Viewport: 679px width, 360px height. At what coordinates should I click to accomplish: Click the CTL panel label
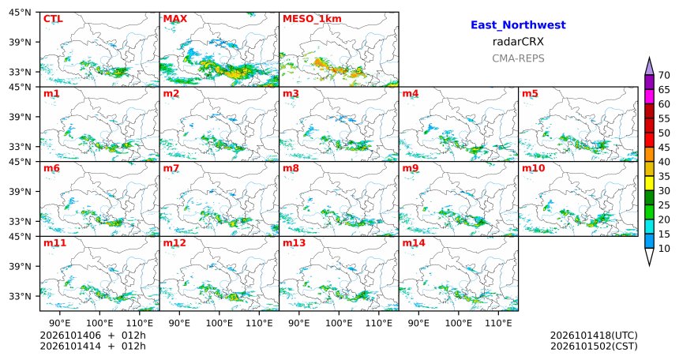[x=53, y=19]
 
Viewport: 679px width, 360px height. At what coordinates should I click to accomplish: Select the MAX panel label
[x=175, y=19]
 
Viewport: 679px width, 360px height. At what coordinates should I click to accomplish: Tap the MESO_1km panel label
[x=312, y=19]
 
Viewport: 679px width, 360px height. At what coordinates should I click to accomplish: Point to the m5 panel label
[x=530, y=94]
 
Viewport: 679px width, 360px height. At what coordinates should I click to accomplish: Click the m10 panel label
[x=533, y=168]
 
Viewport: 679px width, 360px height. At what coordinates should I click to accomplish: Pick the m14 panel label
[x=414, y=243]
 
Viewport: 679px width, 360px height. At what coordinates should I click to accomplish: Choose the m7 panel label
[x=171, y=168]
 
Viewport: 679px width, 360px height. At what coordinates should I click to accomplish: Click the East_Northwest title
[x=518, y=25]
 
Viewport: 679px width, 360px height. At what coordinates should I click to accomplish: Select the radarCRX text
[x=518, y=42]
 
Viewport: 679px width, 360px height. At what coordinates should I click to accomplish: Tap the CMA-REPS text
[x=518, y=58]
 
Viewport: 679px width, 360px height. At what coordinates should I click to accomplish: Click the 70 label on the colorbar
[x=664, y=75]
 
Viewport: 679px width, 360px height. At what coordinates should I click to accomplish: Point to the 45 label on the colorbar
[x=664, y=148]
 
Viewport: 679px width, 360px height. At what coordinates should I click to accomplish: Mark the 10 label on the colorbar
[x=664, y=249]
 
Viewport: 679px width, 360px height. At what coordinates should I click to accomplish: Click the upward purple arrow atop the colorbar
[x=649, y=66]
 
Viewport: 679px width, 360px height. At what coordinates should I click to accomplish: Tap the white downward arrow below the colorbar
[x=649, y=257]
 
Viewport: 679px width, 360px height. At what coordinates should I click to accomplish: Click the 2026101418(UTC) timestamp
[x=594, y=336]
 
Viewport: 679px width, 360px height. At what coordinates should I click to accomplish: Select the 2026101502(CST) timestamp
[x=594, y=347]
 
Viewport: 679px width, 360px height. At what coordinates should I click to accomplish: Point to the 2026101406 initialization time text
[x=70, y=336]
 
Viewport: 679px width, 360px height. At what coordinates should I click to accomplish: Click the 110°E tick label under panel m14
[x=498, y=323]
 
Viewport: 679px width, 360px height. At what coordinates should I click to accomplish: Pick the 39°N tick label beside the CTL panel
[x=20, y=42]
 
